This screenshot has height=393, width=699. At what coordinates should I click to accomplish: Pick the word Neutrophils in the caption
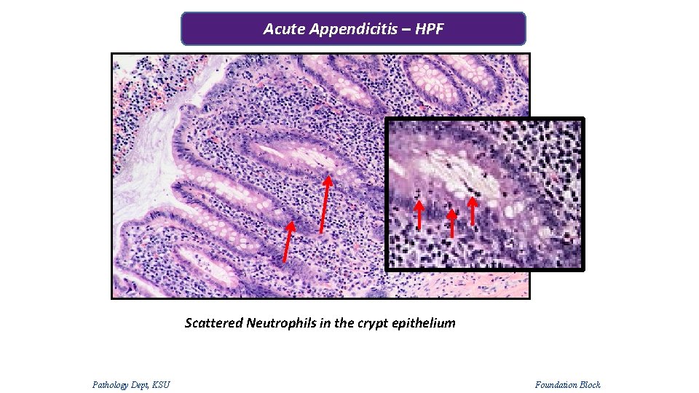click(281, 322)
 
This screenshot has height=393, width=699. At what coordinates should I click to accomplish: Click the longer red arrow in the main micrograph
click(325, 204)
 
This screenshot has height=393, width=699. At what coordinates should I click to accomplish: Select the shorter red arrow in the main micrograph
click(288, 242)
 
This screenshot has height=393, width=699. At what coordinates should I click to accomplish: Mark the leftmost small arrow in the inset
click(419, 215)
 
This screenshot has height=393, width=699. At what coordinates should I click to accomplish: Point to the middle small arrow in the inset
click(452, 223)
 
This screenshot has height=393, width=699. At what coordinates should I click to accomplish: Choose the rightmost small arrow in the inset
click(473, 211)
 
